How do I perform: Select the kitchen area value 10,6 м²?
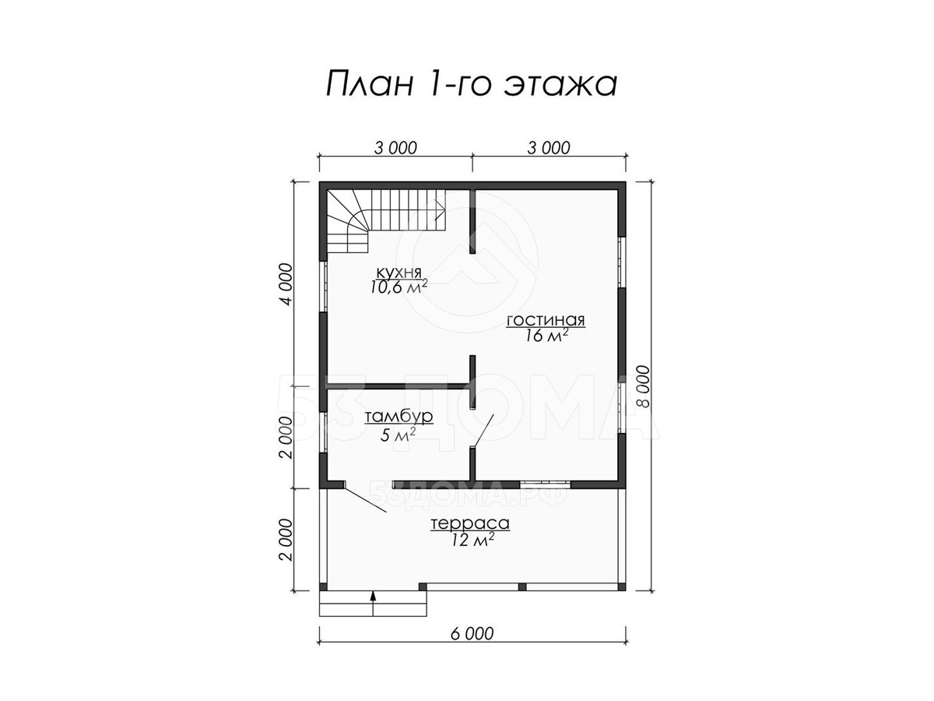399,287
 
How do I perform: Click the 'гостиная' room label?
546,320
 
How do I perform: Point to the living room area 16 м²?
546,336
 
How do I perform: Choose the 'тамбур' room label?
399,416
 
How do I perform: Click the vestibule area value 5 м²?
399,435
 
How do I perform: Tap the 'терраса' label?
471,523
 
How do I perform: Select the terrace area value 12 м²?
472,540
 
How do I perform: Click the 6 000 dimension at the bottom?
472,646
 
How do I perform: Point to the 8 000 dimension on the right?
645,386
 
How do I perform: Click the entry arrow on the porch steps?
373,604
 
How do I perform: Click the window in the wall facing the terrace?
545,484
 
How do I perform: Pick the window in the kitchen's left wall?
323,286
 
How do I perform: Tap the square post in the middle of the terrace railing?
522,587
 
